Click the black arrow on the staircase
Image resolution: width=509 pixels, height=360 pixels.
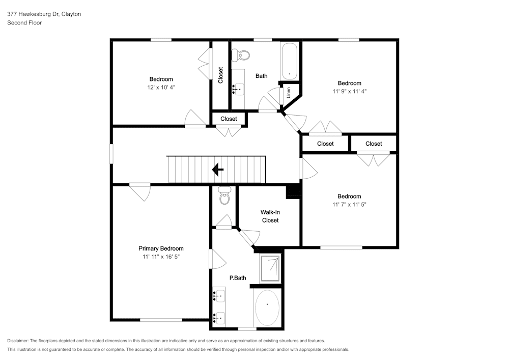pyautogui.click(x=218, y=170)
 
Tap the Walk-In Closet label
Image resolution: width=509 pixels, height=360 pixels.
pyautogui.click(x=270, y=216)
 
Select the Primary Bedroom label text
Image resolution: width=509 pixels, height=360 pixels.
pyautogui.click(x=161, y=248)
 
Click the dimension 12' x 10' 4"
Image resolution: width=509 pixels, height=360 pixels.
pyautogui.click(x=161, y=88)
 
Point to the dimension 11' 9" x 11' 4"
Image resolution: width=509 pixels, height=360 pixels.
pyautogui.click(x=349, y=92)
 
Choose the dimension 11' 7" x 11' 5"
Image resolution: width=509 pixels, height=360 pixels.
pyautogui.click(x=349, y=205)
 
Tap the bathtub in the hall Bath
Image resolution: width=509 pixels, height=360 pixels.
pyautogui.click(x=290, y=61)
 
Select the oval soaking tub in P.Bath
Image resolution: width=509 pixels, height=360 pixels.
pyautogui.click(x=267, y=307)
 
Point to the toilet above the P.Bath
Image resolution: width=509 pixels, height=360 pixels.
pyautogui.click(x=224, y=196)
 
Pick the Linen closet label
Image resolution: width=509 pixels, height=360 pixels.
pyautogui.click(x=289, y=93)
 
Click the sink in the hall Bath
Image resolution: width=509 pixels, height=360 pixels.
pyautogui.click(x=238, y=90)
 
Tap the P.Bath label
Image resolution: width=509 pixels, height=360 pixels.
pyautogui.click(x=238, y=278)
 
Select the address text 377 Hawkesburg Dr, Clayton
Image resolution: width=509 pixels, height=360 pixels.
pyautogui.click(x=44, y=14)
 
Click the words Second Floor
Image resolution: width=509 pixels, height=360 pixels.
pyautogui.click(x=24, y=23)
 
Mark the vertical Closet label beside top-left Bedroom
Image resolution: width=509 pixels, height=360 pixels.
pyautogui.click(x=220, y=75)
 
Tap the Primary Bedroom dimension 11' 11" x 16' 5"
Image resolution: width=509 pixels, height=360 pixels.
pyautogui.click(x=161, y=257)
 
